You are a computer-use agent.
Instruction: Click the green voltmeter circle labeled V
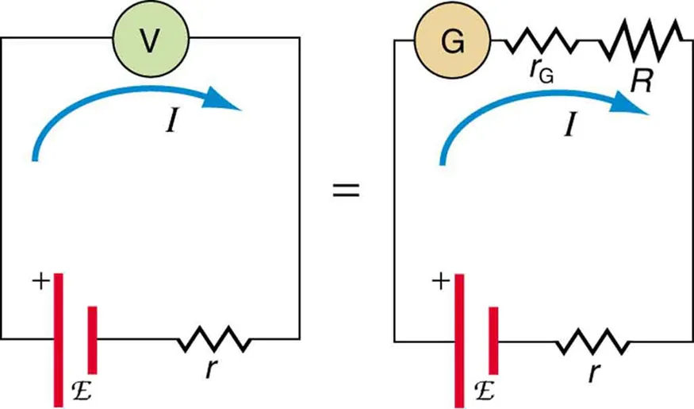pyautogui.click(x=151, y=39)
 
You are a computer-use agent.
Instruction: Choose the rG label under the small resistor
pyautogui.click(x=542, y=72)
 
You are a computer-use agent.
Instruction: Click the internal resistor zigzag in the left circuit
pyautogui.click(x=215, y=341)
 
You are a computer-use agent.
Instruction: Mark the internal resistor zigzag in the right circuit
pyautogui.click(x=594, y=342)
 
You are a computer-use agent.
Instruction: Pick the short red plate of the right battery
pyautogui.click(x=495, y=340)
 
